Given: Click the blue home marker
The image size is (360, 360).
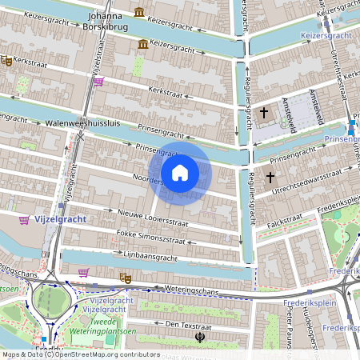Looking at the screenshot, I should coord(180,173).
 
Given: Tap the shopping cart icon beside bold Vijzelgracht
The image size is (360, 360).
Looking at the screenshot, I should coord(25,219).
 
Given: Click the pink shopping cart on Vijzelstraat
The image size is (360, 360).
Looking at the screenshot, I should coord(98,81).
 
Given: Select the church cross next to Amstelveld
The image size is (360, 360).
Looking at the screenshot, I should coord(264,113).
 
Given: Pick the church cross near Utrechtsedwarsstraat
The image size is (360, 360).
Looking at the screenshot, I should coord(270,177).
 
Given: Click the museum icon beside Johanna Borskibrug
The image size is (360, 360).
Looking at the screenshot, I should coord(140,12).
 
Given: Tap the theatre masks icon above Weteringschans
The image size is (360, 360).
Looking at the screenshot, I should coord(124,277).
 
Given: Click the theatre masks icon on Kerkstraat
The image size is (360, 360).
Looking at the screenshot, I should coord(6,61).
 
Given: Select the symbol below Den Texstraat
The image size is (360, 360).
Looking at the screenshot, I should coord(199,338).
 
